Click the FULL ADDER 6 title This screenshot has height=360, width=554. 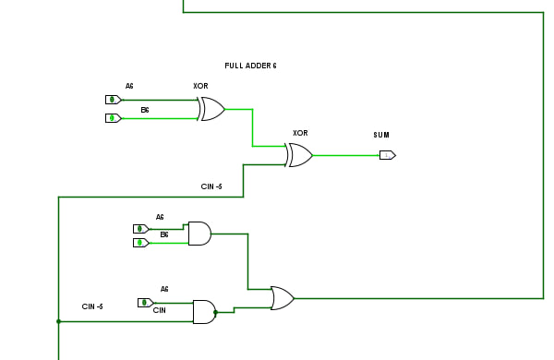250,66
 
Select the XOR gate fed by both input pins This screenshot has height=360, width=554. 211,109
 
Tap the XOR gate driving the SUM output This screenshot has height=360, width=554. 299,155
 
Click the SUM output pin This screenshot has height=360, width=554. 388,155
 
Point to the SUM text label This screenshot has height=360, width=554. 381,135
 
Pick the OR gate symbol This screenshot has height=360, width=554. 283,298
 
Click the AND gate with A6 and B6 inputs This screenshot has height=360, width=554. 200,234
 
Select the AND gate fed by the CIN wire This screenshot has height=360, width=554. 205,312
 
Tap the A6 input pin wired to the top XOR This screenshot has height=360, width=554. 114,100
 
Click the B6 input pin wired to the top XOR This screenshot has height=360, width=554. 114,118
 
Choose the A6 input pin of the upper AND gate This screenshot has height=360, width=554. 141,229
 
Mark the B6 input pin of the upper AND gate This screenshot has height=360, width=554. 141,243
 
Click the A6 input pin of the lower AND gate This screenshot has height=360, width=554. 146,303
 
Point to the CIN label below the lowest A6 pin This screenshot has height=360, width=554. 160,310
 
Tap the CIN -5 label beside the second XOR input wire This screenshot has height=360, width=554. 211,186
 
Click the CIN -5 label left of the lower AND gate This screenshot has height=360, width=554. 92,306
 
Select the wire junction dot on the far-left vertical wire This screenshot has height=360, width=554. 59,321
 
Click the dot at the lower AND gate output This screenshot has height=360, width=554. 215,312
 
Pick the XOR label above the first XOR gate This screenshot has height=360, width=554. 200,86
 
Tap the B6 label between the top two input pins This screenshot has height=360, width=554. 145,110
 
